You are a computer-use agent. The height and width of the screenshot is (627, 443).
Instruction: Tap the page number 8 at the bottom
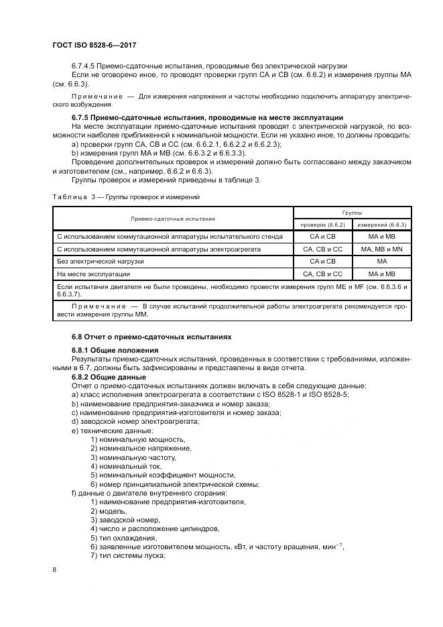[x=54, y=570]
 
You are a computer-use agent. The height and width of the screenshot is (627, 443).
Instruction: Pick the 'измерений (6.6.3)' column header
[x=382, y=224]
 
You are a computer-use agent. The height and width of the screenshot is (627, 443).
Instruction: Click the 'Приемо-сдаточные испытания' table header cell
[x=173, y=218]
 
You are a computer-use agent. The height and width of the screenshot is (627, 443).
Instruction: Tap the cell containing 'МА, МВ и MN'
[x=382, y=249]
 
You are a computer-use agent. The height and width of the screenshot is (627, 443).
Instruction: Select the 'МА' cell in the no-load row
[x=382, y=261]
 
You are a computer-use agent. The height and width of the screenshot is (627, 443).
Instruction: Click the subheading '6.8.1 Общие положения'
[x=115, y=350]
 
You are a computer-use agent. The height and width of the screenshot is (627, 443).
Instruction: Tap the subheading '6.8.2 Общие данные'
[x=110, y=377]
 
